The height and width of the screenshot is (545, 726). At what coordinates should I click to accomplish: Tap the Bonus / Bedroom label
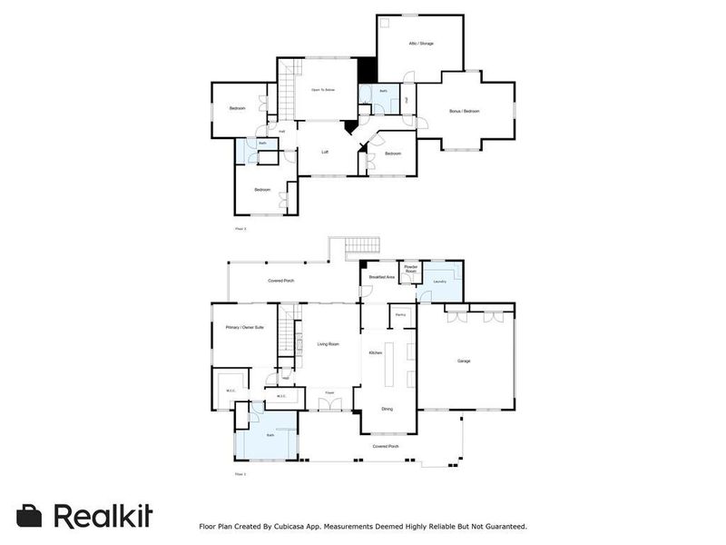464,112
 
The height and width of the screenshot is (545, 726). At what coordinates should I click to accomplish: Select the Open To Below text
324,90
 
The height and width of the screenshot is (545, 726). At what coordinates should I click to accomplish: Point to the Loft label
325,152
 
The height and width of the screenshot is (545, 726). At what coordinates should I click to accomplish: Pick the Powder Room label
410,270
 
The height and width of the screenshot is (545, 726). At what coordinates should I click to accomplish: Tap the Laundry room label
439,282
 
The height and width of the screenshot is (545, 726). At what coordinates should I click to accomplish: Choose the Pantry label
399,314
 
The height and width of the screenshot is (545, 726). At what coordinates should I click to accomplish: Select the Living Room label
328,344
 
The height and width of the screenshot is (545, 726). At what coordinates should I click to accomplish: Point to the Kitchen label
375,352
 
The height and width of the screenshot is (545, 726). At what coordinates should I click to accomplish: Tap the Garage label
463,362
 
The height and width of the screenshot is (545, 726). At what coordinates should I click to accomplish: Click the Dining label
388,410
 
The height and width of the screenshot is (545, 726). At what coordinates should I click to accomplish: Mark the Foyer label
330,392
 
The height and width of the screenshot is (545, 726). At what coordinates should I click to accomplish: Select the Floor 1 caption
240,474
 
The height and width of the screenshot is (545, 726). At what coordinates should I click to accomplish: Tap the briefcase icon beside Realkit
30,516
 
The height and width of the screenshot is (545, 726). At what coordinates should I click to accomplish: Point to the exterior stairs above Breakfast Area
362,246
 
